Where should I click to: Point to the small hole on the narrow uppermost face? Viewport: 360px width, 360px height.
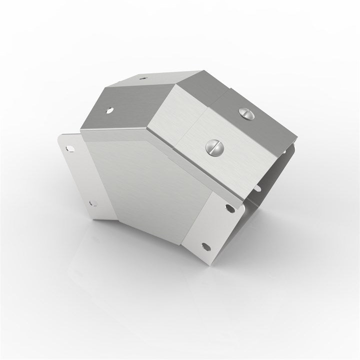click(143, 78)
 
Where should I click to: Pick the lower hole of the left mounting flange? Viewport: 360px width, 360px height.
click(91, 202)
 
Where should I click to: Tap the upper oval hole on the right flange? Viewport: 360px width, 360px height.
click(229, 208)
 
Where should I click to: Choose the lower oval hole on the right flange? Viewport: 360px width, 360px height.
click(204, 245)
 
